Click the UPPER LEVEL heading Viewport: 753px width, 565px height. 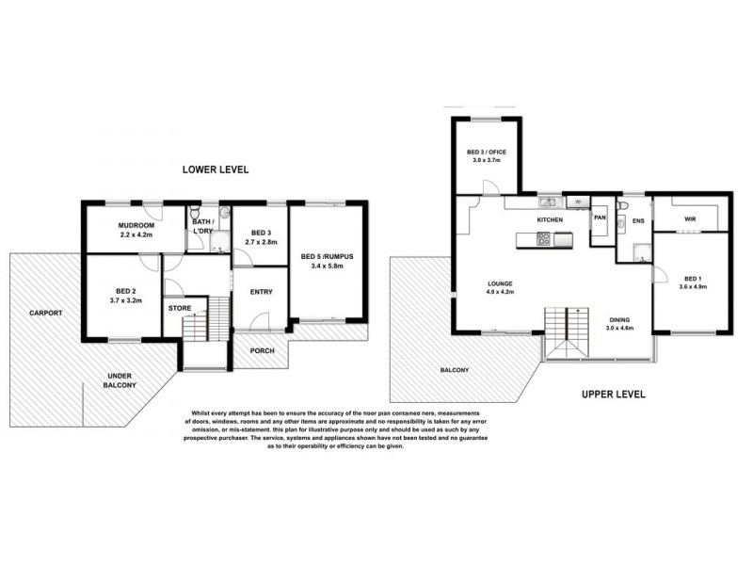613,395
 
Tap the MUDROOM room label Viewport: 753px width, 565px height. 136,225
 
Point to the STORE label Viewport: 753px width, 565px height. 179,307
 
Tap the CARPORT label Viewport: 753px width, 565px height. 45,312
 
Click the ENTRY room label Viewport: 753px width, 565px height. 261,292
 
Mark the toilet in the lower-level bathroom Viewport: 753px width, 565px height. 196,213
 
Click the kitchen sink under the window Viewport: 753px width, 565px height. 548,203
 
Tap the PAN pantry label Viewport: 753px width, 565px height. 600,218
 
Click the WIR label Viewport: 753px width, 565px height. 690,218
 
